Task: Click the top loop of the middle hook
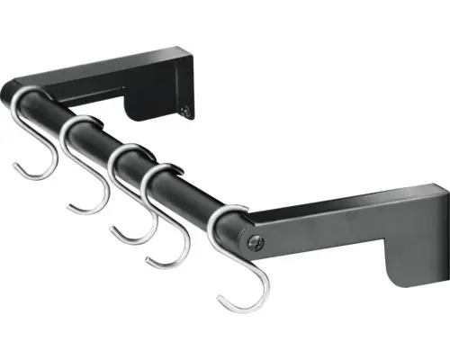pyautogui.click(x=127, y=151)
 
